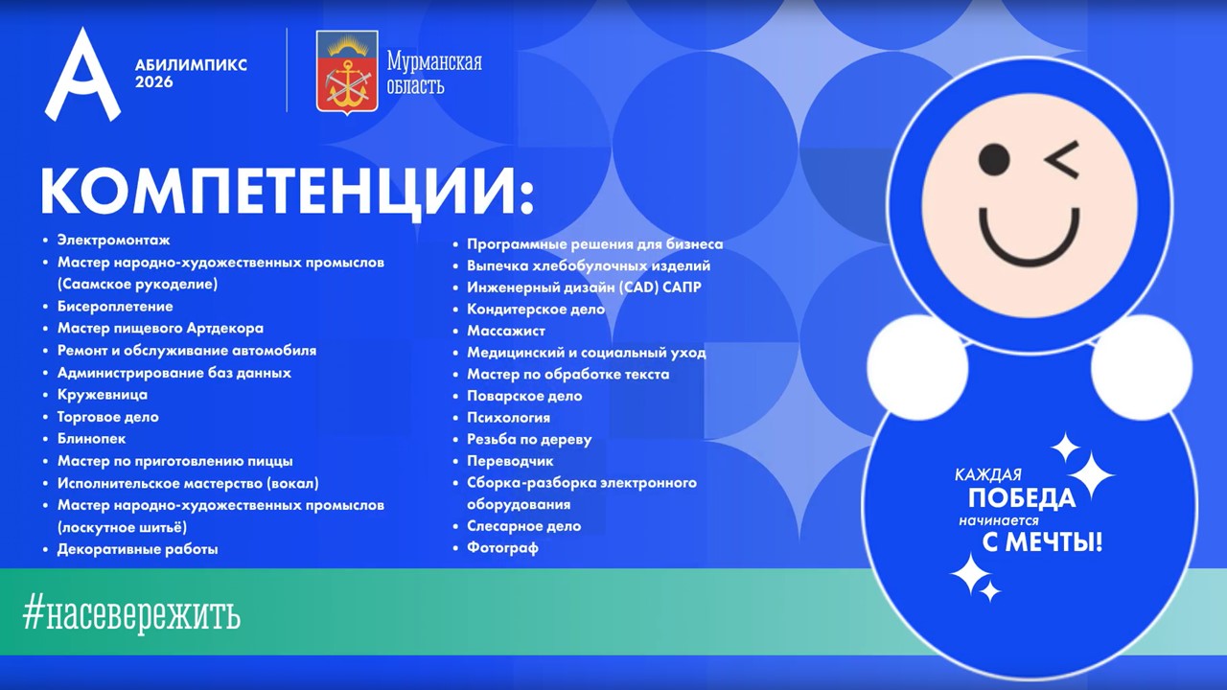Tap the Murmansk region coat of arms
[347, 72]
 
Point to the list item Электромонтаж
[114, 240]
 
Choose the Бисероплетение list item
[115, 306]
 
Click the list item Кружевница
[103, 394]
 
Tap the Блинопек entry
[91, 439]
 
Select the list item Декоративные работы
[137, 549]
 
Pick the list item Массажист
[505, 331]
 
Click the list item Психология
[508, 418]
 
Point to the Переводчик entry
[510, 461]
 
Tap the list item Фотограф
[502, 547]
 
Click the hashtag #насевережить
[131, 616]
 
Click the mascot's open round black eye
[994, 159]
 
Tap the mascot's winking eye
[1063, 160]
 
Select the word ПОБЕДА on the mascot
[1022, 497]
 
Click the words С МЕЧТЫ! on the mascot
[1042, 542]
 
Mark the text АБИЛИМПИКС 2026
[191, 74]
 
